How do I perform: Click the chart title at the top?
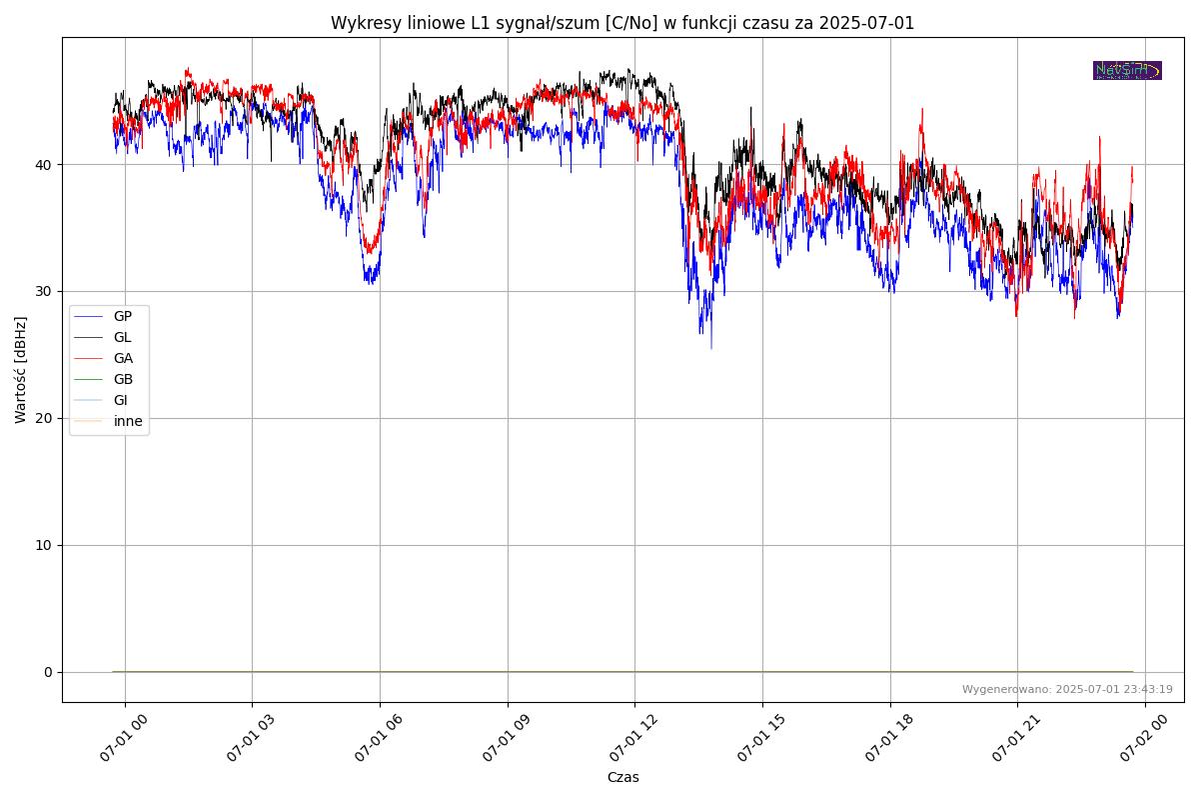[622, 23]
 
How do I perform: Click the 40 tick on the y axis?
[45, 164]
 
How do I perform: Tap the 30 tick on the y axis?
[45, 291]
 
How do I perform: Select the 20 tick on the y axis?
[45, 418]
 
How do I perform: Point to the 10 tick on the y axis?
[45, 545]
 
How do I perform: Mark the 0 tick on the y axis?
[48, 672]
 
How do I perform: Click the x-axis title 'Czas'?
[622, 777]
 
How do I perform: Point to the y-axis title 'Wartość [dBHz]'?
[21, 370]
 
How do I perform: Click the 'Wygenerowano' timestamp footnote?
[1067, 689]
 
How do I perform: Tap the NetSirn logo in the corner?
[1127, 70]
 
